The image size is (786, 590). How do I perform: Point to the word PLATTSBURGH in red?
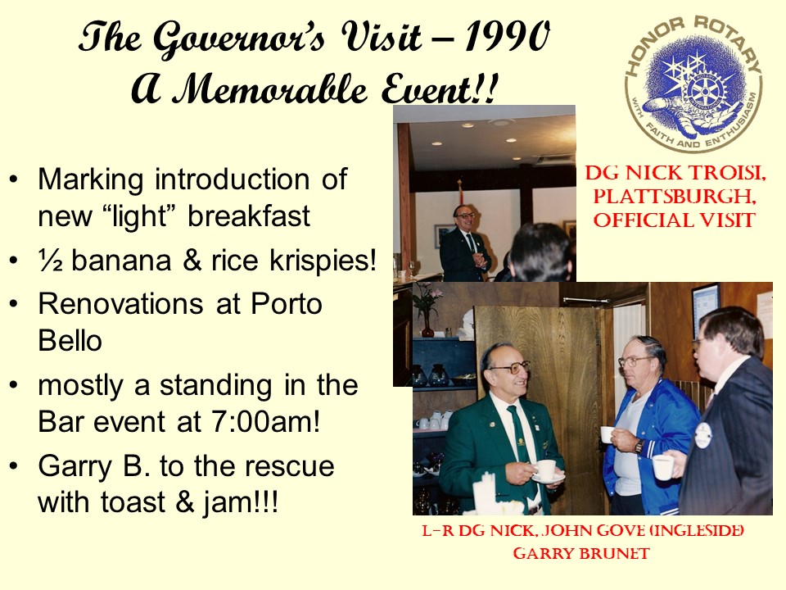click(x=675, y=196)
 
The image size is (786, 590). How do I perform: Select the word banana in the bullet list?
click(x=121, y=261)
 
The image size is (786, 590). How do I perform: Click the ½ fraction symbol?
click(x=50, y=261)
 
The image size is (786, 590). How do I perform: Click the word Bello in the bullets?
click(x=70, y=341)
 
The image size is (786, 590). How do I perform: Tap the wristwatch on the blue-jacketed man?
click(x=639, y=446)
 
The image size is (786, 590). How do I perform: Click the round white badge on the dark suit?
click(x=703, y=435)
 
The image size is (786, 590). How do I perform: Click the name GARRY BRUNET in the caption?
click(x=581, y=553)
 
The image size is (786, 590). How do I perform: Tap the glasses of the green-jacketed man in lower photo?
click(x=509, y=368)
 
